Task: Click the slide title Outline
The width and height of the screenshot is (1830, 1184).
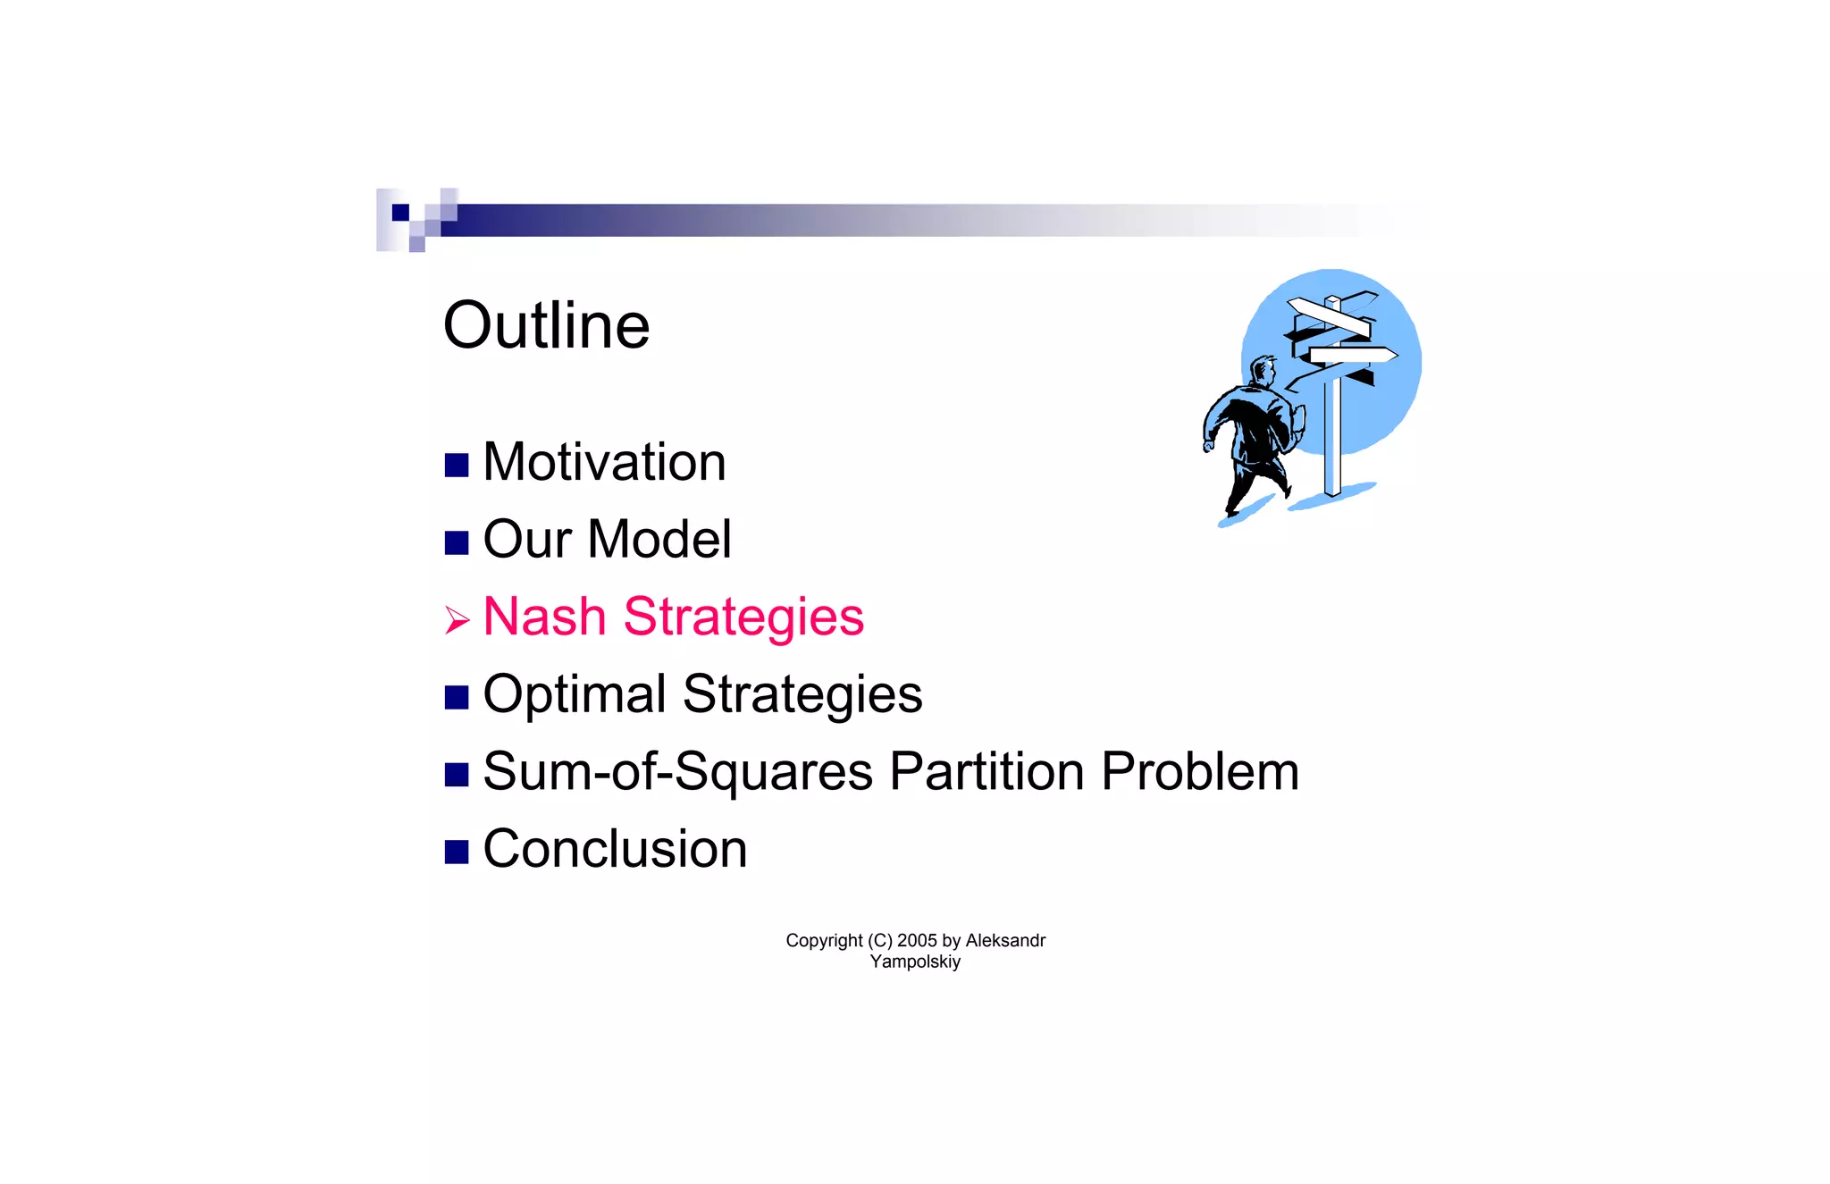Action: point(546,325)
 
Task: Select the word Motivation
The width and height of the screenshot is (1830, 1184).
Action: point(604,462)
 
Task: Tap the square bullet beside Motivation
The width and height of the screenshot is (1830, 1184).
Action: point(457,465)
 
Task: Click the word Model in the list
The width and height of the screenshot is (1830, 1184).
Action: point(659,540)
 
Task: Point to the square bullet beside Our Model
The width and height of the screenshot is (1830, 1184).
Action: point(457,542)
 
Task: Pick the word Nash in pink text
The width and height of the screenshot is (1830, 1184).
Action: point(544,617)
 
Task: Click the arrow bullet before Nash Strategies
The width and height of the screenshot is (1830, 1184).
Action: point(457,619)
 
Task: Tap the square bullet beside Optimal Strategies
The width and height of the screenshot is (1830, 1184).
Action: point(457,697)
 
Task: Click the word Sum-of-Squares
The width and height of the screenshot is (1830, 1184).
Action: point(677,772)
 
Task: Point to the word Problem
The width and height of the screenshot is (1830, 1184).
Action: point(1200,771)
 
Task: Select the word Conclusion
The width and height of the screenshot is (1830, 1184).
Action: point(615,849)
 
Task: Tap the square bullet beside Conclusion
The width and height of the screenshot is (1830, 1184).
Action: point(457,852)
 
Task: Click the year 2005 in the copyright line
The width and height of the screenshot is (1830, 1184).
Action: point(917,940)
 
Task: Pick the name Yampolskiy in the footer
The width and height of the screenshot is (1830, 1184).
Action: point(915,961)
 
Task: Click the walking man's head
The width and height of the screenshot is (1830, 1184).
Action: point(1264,369)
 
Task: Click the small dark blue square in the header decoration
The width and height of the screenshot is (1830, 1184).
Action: point(400,213)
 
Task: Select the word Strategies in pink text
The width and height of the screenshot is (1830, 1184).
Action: point(743,617)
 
